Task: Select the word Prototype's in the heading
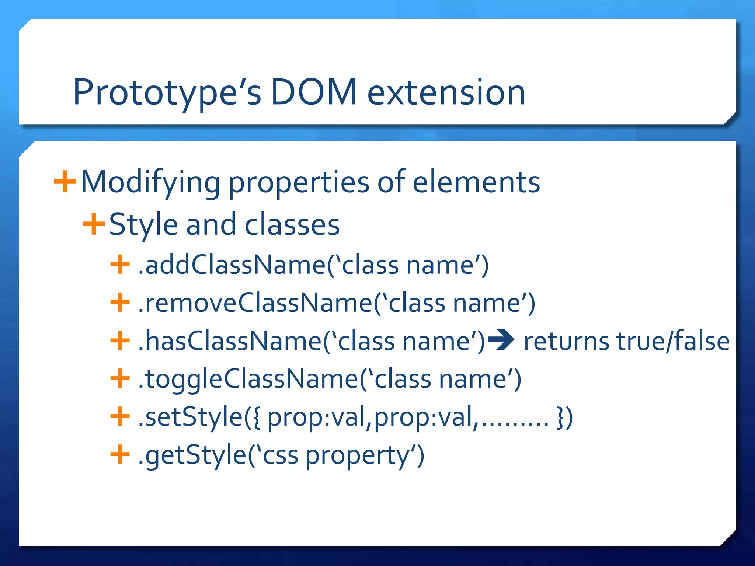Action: tap(167, 93)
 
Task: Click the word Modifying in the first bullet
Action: tap(150, 183)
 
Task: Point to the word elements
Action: tap(476, 182)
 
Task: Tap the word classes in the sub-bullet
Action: tap(292, 225)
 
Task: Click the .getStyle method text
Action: tap(192, 455)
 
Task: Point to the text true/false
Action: tap(673, 341)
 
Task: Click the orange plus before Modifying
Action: tap(65, 181)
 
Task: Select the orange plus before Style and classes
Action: tap(94, 224)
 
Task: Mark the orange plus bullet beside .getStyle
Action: tap(120, 454)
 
